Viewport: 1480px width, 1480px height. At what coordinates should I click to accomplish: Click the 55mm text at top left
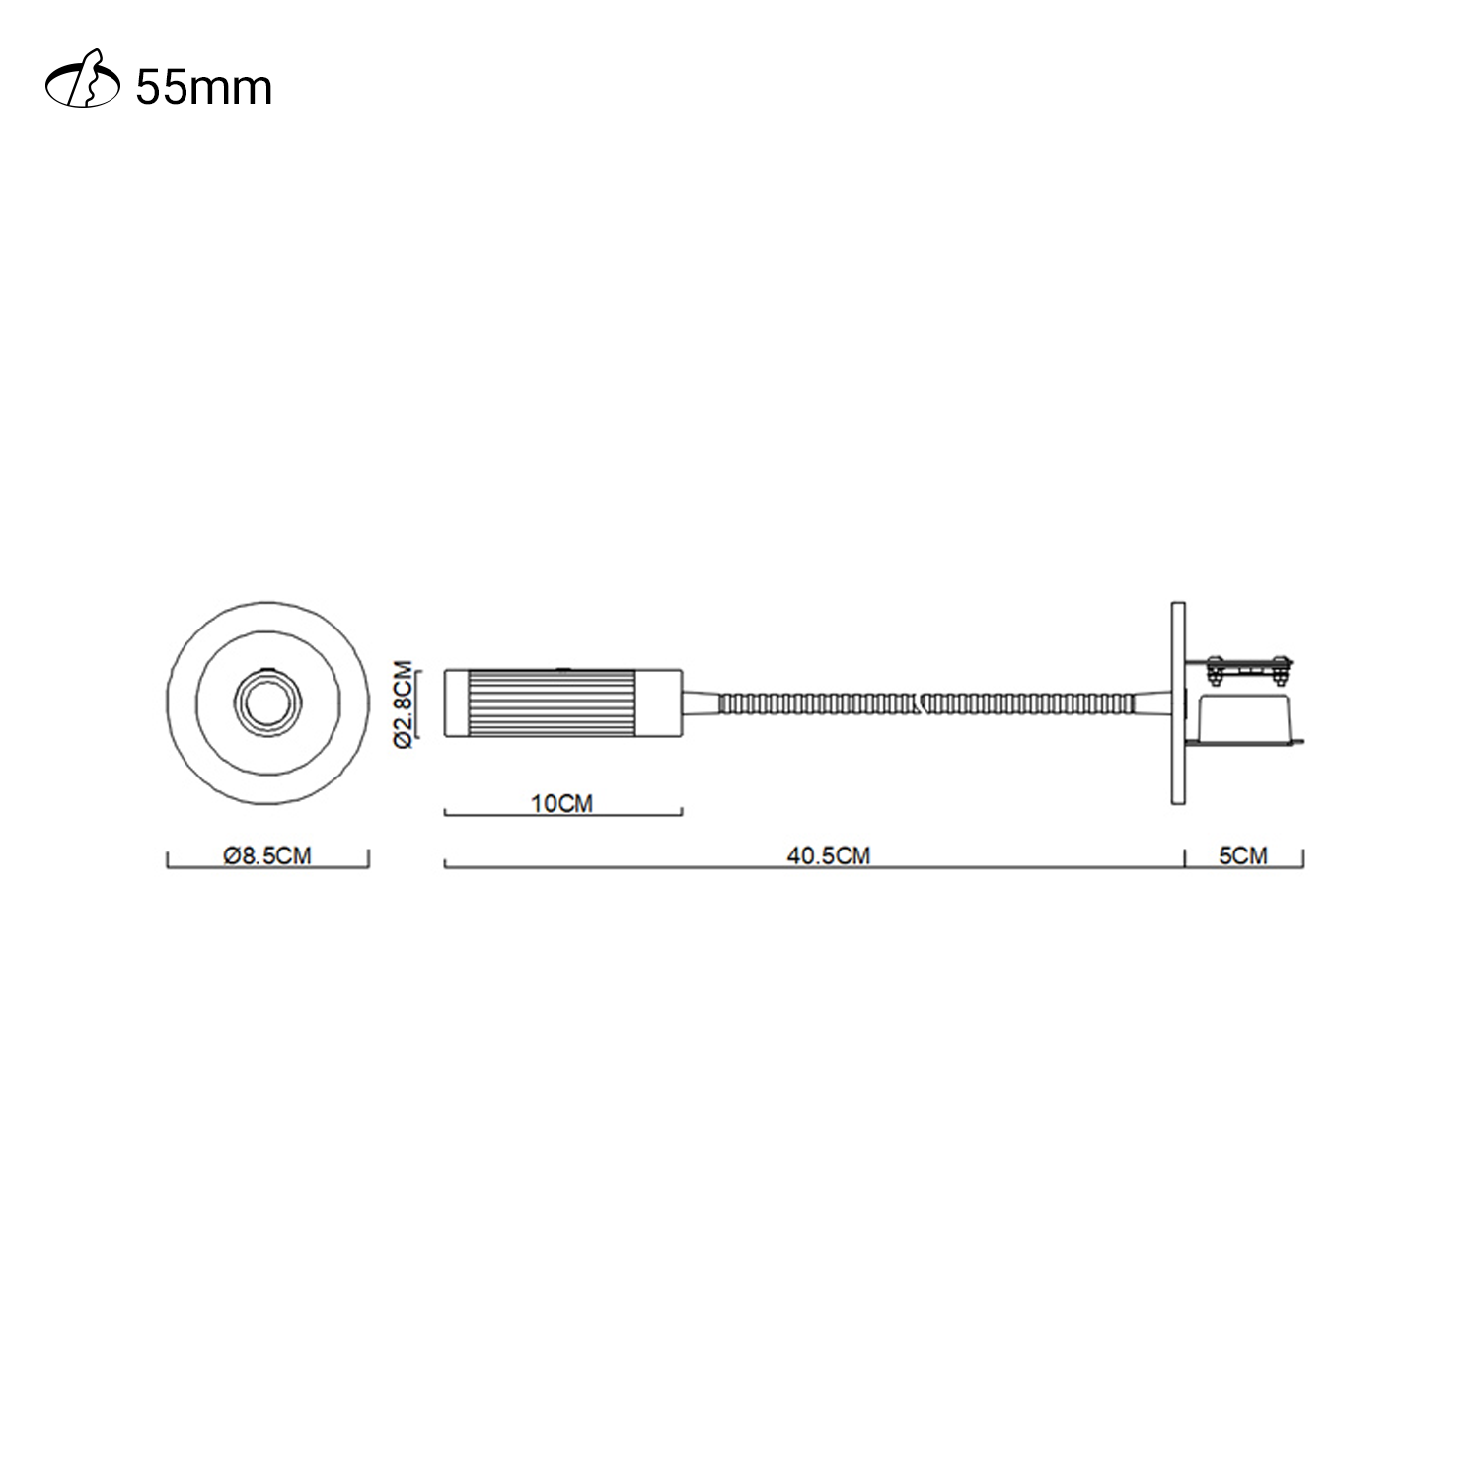[x=203, y=89]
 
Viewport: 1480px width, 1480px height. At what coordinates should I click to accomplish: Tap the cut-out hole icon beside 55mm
[x=84, y=88]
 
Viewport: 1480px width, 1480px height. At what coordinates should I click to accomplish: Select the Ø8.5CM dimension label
[x=267, y=855]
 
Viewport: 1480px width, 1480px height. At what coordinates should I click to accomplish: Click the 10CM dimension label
[x=562, y=803]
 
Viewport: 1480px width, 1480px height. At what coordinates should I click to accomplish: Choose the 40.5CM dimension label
[x=829, y=855]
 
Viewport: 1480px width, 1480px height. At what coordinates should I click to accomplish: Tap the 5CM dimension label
[x=1243, y=855]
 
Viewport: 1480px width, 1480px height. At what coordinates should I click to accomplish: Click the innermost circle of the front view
[x=266, y=703]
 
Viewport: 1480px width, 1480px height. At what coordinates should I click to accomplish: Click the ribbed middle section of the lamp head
[x=563, y=703]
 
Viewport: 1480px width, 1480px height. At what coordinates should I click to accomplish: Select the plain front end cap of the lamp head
[x=456, y=703]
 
